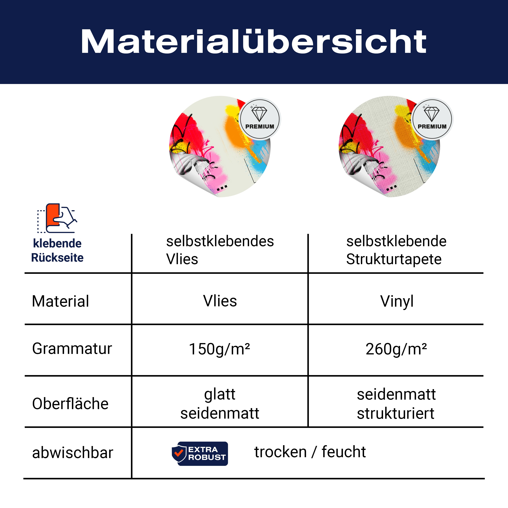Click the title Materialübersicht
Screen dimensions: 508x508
[x=253, y=41]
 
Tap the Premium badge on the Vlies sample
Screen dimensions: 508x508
[x=260, y=119]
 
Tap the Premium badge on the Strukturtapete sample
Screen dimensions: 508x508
[x=432, y=119]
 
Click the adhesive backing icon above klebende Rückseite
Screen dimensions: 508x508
[x=57, y=218]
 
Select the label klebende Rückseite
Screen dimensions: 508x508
[x=57, y=250]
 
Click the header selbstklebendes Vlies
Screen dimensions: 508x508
[x=220, y=250]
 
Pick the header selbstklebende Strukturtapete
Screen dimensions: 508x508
[x=396, y=250]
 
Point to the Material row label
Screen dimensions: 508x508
[x=60, y=301]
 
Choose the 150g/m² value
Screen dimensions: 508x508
[x=219, y=349]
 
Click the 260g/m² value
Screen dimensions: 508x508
[x=396, y=349]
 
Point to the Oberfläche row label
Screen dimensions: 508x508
[x=70, y=404]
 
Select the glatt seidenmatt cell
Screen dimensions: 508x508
[x=220, y=404]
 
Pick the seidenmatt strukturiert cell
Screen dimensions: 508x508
[x=396, y=404]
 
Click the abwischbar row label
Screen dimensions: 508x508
[x=73, y=453]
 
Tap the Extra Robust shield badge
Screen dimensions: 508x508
[x=200, y=454]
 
